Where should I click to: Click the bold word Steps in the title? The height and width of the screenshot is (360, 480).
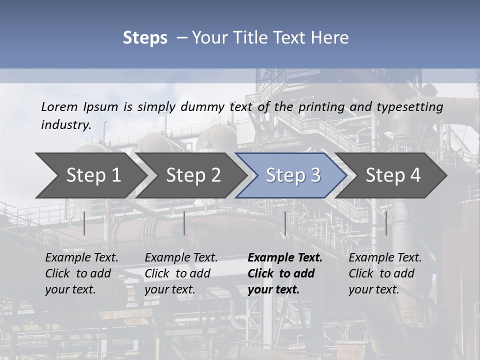(145, 38)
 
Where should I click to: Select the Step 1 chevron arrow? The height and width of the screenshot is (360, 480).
(90, 175)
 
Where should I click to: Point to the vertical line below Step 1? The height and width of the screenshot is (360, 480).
(84, 223)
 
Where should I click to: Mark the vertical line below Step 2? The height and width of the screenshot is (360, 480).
(184, 223)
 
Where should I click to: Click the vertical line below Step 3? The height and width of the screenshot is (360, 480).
(285, 223)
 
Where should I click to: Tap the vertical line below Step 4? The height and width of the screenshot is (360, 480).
(386, 223)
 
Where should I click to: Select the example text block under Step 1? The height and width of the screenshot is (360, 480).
(81, 273)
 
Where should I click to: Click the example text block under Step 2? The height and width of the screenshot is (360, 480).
(181, 273)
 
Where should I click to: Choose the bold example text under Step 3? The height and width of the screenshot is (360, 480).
(285, 273)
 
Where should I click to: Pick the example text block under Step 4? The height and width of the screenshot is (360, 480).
(385, 273)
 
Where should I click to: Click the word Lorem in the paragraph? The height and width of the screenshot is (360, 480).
(59, 106)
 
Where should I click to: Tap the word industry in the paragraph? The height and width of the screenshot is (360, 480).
(65, 124)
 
